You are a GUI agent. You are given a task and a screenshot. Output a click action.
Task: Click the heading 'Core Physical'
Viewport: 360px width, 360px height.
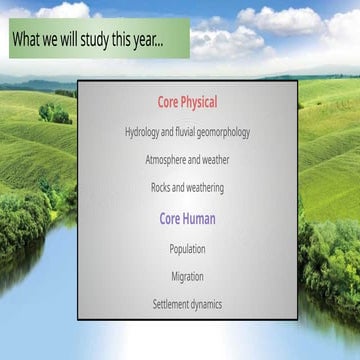click(x=187, y=102)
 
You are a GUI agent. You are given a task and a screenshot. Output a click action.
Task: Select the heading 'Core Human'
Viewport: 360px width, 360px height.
click(x=187, y=218)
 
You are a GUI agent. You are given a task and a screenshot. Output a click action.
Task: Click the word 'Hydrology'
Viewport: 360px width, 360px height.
click(x=145, y=132)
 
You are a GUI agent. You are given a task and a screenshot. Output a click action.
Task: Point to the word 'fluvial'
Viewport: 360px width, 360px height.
click(x=180, y=132)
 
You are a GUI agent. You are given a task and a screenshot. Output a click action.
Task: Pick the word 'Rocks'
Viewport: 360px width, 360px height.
click(x=162, y=188)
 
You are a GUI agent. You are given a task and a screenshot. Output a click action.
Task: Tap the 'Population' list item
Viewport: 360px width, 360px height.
click(x=187, y=249)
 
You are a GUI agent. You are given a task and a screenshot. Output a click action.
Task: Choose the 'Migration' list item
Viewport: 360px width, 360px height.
click(x=187, y=277)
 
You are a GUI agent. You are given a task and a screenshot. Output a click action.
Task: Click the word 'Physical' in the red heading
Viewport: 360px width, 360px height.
click(x=199, y=102)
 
